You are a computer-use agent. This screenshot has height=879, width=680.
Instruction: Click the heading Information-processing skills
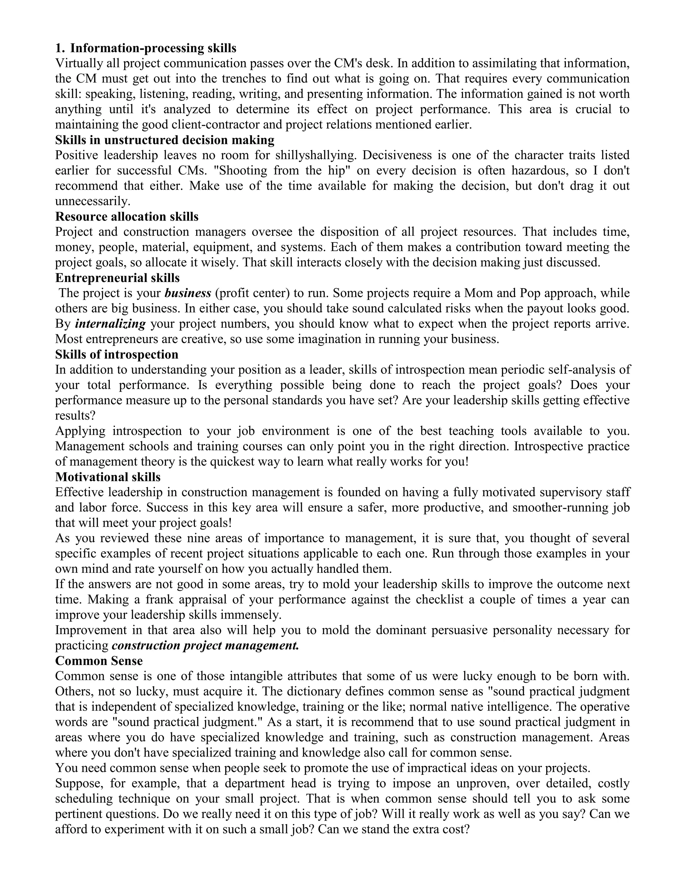153,48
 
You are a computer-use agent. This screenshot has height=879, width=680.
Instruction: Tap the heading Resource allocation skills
127,217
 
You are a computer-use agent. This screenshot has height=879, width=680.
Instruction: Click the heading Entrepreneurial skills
117,278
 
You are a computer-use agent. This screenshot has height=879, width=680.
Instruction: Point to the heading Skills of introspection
117,354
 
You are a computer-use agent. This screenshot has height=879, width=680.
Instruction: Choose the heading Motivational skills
108,477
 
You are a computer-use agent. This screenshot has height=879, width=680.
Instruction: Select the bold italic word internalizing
110,324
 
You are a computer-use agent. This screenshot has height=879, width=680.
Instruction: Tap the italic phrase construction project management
206,645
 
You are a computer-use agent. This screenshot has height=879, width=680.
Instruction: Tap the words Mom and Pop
502,293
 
